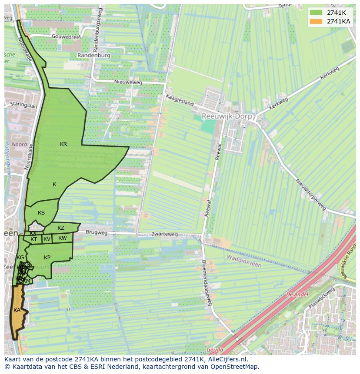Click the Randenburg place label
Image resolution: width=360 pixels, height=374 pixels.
[x=94, y=56]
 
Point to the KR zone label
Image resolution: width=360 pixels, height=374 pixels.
[x=63, y=144]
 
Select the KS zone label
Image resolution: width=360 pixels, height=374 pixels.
[x=41, y=213]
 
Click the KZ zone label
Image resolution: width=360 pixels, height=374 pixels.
[x=61, y=228]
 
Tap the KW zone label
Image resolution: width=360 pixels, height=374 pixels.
[x=63, y=238]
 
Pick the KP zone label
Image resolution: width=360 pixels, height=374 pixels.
[x=47, y=258]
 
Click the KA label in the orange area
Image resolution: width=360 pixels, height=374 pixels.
[x=17, y=310]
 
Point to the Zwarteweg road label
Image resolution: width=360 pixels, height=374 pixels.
[x=165, y=234]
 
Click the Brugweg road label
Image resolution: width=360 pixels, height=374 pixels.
[x=96, y=232]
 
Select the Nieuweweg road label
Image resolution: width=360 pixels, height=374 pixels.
[x=128, y=82]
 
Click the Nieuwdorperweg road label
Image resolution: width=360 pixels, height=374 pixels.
[x=310, y=195]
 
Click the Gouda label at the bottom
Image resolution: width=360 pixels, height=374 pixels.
[x=214, y=350]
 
